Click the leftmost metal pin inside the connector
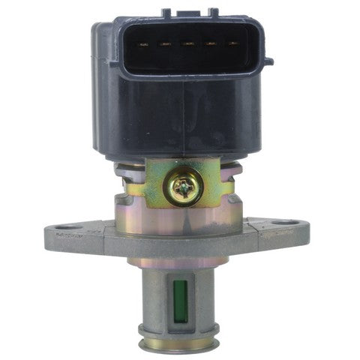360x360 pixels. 141,44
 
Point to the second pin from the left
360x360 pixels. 164,44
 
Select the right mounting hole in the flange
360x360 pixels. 283,223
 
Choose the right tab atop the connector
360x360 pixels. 212,13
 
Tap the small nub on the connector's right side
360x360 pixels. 269,61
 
